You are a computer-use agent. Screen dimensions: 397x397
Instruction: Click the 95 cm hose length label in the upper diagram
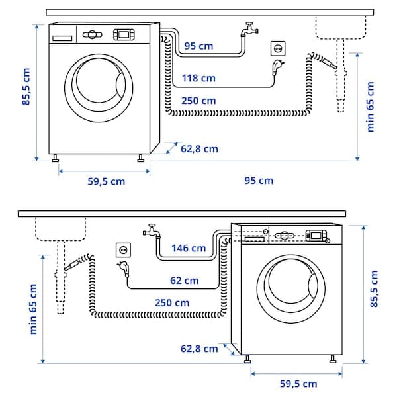pyautogui.click(x=199, y=46)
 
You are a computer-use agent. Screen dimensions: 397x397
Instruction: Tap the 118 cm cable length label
pyautogui.click(x=198, y=78)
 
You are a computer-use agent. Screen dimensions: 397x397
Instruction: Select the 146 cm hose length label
pyautogui.click(x=189, y=248)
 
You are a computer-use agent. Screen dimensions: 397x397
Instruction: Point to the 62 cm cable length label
pyautogui.click(x=184, y=280)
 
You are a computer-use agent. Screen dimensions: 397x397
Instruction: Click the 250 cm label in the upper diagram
pyautogui.click(x=198, y=101)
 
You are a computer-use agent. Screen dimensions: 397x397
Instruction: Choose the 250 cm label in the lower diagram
pyautogui.click(x=173, y=302)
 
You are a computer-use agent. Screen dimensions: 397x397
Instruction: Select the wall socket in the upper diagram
pyautogui.click(x=278, y=48)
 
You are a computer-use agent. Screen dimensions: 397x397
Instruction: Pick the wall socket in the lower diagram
pyautogui.click(x=124, y=249)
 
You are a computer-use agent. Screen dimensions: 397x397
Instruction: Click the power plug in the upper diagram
pyautogui.click(x=276, y=66)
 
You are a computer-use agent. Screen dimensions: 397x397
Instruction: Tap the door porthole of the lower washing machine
pyautogui.click(x=296, y=285)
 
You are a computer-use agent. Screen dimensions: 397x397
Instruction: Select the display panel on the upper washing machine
pyautogui.click(x=124, y=34)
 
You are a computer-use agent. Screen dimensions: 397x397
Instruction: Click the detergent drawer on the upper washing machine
pyautogui.click(x=63, y=37)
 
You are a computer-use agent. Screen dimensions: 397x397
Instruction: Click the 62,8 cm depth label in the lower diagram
pyautogui.click(x=199, y=348)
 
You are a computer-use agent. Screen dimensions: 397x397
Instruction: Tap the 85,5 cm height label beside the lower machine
pyautogui.click(x=375, y=289)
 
